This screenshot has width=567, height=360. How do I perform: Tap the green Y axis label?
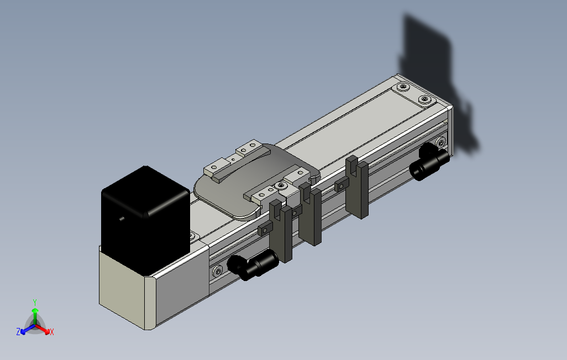coord(34,302)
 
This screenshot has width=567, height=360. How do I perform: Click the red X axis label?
coord(52,332)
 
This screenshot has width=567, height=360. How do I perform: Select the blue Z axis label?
coord(18,332)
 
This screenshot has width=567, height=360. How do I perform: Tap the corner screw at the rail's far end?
coord(424,99)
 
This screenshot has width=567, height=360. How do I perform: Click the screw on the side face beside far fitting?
coord(441,143)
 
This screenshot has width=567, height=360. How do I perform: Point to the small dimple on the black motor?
coord(122,219)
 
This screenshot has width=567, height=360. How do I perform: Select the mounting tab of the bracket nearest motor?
coord(265,228)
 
